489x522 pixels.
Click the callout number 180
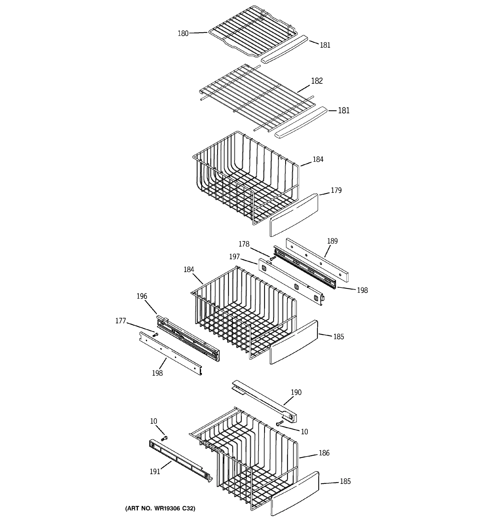click(183, 34)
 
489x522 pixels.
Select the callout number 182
click(317, 81)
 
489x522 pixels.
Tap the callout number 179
click(336, 190)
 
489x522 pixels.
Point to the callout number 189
click(332, 241)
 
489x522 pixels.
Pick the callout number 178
click(244, 244)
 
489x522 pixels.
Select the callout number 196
click(142, 296)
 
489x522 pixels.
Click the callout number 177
click(121, 321)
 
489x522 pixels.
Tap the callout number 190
click(296, 392)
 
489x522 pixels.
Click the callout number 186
click(324, 453)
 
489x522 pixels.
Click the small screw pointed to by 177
click(155, 335)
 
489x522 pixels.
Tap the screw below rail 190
click(280, 423)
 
